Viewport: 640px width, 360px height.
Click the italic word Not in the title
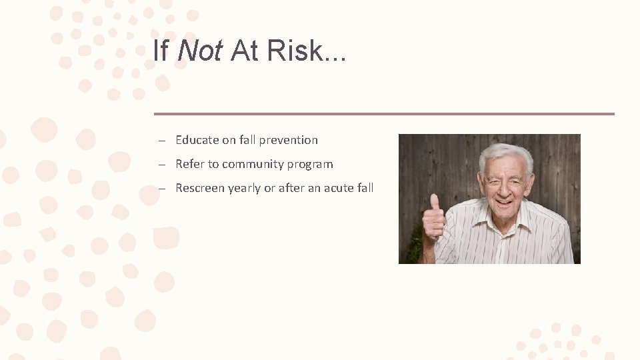coord(200,51)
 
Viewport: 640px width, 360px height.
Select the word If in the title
coord(160,51)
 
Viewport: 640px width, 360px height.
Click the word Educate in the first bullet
coord(197,140)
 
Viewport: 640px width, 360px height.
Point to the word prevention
coord(288,140)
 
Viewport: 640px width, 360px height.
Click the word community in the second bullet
coord(253,164)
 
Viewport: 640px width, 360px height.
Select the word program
coord(310,165)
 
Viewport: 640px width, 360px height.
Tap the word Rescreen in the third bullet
coord(200,188)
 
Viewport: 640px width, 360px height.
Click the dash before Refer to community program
coord(162,165)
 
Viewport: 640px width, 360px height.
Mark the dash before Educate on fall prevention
coord(162,141)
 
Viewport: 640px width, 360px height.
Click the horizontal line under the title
coord(384,114)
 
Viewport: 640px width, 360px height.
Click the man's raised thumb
coord(435,202)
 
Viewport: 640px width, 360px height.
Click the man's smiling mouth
coord(504,201)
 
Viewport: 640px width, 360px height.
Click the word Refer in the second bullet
coord(189,164)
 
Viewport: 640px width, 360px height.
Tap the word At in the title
coord(244,51)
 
